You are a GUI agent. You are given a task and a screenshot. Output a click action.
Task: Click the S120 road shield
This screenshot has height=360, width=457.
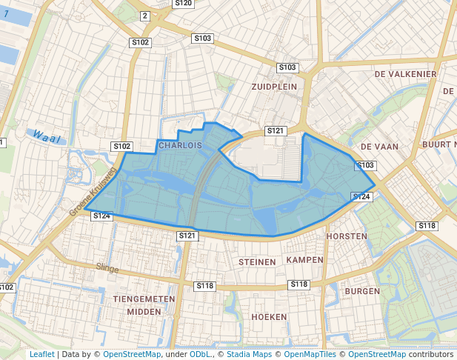(183, 4)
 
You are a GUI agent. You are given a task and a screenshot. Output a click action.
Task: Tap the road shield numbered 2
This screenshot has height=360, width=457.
(144, 16)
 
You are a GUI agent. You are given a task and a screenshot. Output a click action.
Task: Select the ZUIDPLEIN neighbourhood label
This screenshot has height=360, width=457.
(274, 87)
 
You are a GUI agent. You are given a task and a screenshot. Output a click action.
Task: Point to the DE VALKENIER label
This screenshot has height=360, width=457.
(405, 75)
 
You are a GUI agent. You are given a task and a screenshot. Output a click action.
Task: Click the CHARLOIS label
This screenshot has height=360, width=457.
(180, 146)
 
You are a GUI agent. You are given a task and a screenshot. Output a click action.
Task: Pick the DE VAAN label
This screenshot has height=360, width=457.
(380, 147)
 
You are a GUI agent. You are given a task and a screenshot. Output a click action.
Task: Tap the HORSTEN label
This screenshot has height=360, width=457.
(347, 236)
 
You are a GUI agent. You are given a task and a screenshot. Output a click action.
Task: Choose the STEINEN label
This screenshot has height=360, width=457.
(257, 262)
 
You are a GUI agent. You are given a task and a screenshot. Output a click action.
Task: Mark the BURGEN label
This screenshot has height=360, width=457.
(362, 292)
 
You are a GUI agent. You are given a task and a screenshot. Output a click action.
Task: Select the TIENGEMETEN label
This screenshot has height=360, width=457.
(144, 299)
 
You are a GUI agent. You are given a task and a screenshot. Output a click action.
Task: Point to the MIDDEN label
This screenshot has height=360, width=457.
(144, 312)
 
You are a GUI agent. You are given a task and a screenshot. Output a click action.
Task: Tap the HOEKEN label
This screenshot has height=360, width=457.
(270, 317)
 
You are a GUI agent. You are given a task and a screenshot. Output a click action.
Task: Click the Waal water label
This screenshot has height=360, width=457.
(46, 138)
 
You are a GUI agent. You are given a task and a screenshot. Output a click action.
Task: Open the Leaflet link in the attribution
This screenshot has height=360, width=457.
(41, 354)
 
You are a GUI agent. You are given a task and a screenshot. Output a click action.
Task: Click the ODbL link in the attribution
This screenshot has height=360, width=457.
(200, 354)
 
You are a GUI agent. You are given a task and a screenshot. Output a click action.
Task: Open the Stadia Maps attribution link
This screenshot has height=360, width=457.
(249, 354)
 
